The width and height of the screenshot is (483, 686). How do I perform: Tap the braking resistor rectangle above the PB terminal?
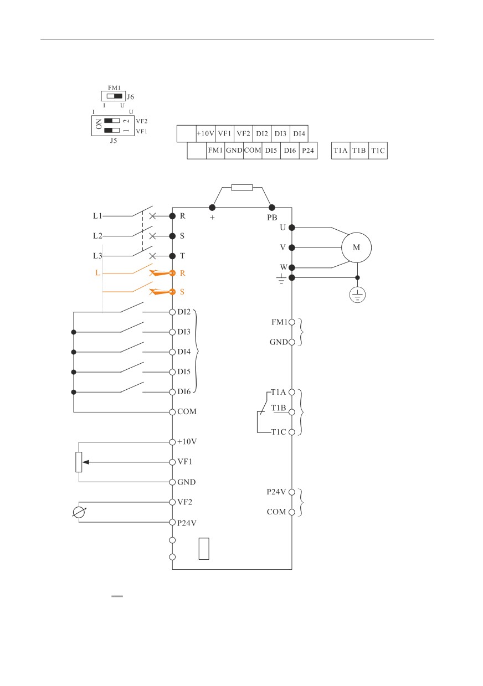pyautogui.click(x=242, y=188)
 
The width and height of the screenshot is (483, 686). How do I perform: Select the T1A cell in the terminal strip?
pyautogui.click(x=341, y=151)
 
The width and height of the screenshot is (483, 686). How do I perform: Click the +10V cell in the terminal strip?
pyautogui.click(x=205, y=133)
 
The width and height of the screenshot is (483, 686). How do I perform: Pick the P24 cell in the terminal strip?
pyautogui.click(x=308, y=151)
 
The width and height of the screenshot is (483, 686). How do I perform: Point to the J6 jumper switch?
pyautogui.click(x=114, y=96)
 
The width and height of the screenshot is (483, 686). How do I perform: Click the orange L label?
pyautogui.click(x=97, y=272)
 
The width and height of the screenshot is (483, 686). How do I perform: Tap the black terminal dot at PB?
pyautogui.click(x=271, y=208)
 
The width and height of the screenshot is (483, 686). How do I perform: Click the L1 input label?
pyautogui.click(x=97, y=216)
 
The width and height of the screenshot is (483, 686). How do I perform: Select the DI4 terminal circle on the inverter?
pyautogui.click(x=172, y=352)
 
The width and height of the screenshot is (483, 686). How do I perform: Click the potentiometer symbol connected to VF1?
pyautogui.click(x=79, y=462)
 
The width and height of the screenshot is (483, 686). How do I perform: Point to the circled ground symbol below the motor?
pyautogui.click(x=357, y=295)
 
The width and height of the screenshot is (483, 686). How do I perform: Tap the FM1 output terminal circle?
pyautogui.click(x=292, y=322)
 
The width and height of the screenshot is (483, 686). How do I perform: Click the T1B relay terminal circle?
pyautogui.click(x=292, y=412)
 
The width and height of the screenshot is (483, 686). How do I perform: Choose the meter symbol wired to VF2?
pyautogui.click(x=79, y=512)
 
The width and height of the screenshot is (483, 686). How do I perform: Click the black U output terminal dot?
pyautogui.click(x=292, y=228)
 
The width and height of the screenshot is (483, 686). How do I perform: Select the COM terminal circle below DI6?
pyautogui.click(x=172, y=412)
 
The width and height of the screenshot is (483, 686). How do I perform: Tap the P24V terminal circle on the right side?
pyautogui.click(x=292, y=492)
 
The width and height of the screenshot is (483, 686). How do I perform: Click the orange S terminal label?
pyautogui.click(x=182, y=292)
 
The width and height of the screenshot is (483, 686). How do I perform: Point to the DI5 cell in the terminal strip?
pyautogui.click(x=271, y=151)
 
